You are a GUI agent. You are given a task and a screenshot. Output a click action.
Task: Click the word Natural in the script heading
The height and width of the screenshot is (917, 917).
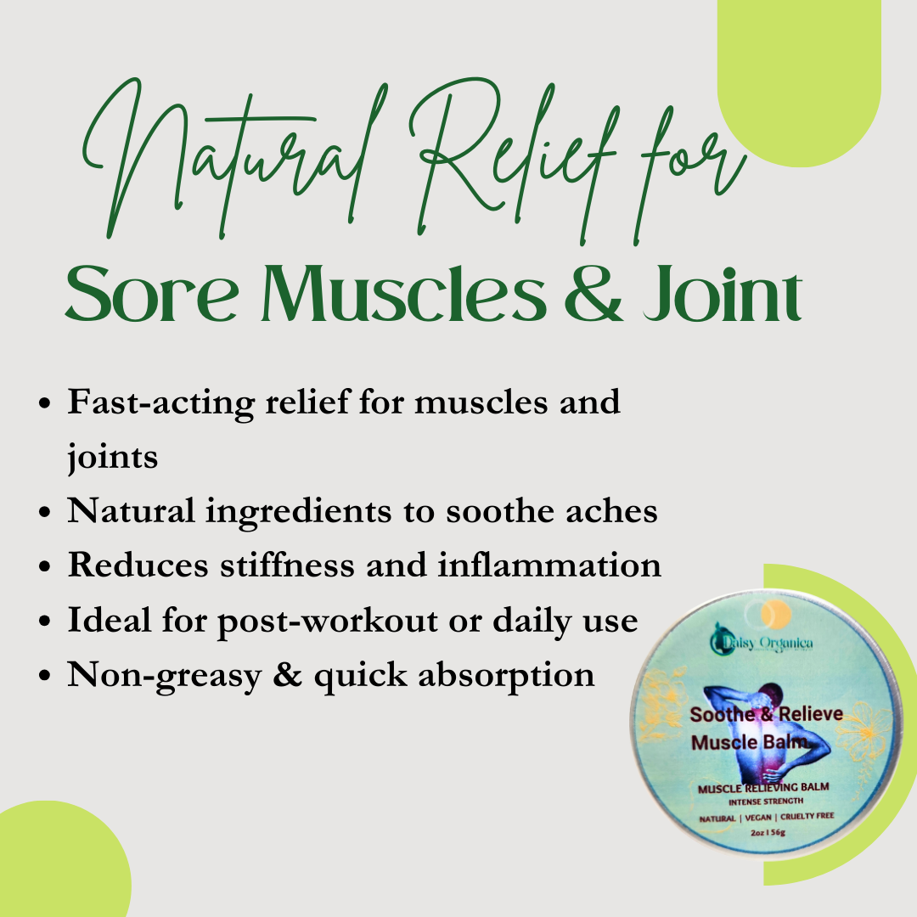coord(234,158)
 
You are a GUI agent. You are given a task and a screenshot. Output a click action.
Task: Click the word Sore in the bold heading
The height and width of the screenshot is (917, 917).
coord(152,294)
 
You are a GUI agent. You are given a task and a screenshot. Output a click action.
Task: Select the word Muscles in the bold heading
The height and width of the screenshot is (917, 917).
coord(403,294)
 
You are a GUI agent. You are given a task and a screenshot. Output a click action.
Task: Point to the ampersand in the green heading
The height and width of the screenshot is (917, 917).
coord(594,294)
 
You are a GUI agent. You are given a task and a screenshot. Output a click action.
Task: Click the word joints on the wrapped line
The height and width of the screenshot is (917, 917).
coord(112,458)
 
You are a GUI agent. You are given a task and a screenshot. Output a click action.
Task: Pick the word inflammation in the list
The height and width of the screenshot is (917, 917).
coord(549,565)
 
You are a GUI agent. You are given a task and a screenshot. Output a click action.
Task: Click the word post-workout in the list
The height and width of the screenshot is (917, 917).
coord(328,621)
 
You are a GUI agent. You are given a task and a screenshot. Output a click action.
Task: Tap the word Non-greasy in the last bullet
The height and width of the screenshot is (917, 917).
coord(165,676)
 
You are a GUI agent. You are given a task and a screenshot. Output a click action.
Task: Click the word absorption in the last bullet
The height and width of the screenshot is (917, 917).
coord(506,676)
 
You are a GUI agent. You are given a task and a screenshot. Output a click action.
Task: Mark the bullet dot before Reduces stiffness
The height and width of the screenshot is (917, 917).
coord(44,567)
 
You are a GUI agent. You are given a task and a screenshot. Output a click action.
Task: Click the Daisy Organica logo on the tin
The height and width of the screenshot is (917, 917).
coord(762,642)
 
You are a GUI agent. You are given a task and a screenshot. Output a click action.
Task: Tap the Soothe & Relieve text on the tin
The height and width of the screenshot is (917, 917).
coord(766,714)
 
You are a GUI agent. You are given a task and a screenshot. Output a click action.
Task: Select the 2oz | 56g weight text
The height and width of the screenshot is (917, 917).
coord(768,832)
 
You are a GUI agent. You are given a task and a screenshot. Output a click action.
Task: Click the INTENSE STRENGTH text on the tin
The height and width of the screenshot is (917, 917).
coord(766,802)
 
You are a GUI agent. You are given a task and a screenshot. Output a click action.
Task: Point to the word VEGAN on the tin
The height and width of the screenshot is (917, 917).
coord(758,818)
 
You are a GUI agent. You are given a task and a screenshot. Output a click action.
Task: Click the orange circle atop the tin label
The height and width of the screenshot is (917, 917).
coord(776,614)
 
